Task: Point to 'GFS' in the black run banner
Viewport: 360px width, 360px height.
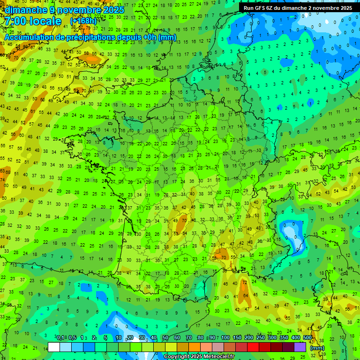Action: pyautogui.click(x=264, y=8)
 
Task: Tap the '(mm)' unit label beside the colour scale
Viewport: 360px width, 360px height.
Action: pyautogui.click(x=317, y=347)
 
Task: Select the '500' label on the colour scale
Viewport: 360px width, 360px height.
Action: pyautogui.click(x=307, y=337)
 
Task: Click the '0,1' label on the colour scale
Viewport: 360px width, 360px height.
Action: pyautogui.click(x=60, y=337)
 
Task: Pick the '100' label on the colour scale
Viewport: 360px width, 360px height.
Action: pyautogui.click(x=225, y=337)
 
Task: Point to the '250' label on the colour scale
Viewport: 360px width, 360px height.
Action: pyautogui.click(x=261, y=337)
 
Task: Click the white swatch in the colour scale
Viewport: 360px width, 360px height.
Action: pyautogui.click(x=54, y=347)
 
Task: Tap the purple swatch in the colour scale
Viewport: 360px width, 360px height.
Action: pyautogui.click(x=300, y=347)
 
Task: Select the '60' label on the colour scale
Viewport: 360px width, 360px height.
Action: pyautogui.click(x=177, y=337)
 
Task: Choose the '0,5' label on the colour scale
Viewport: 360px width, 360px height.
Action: pyautogui.click(x=72, y=337)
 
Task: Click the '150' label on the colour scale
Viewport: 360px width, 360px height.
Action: pyautogui.click(x=237, y=337)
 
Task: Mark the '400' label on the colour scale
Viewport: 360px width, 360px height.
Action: pyautogui.click(x=296, y=337)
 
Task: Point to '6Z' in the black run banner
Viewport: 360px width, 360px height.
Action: pyautogui.click(x=277, y=8)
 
